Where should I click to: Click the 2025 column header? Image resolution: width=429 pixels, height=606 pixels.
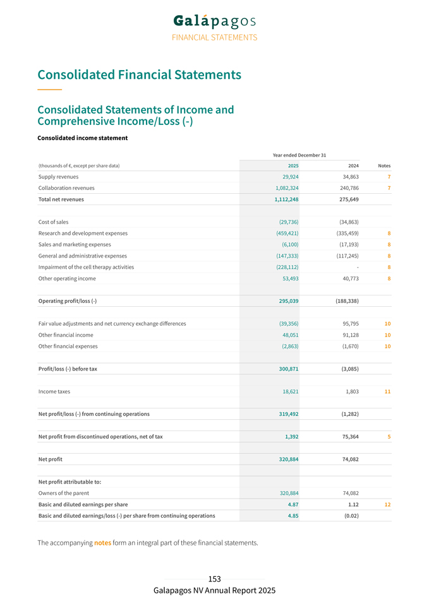tap(293, 165)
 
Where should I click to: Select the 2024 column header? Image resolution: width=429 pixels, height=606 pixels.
tap(353, 165)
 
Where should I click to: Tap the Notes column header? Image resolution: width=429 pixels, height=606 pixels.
tap(384, 165)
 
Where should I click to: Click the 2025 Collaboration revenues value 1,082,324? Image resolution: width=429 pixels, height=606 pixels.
tap(287, 188)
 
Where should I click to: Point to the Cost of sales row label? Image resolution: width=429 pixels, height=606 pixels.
tap(54, 222)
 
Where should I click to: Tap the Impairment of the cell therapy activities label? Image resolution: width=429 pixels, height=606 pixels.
tap(86, 267)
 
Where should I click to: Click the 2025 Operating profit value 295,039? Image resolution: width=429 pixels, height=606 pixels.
tap(288, 301)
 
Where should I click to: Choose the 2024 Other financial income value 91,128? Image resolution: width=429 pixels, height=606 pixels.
tap(349, 335)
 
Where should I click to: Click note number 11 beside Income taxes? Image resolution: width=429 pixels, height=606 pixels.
tap(387, 391)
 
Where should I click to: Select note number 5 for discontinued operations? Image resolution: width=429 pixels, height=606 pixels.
tap(389, 437)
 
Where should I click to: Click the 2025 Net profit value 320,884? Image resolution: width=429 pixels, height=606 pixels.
tap(288, 459)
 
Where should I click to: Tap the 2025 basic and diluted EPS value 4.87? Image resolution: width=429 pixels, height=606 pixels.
tap(293, 504)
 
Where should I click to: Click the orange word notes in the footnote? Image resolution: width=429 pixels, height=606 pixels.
tap(102, 543)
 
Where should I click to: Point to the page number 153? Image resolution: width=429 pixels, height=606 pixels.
tap(214, 579)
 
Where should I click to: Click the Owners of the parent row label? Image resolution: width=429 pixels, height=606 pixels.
tap(64, 493)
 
